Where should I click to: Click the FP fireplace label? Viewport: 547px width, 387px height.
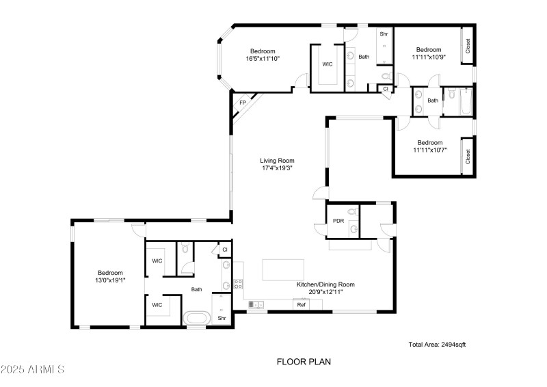tap(242, 103)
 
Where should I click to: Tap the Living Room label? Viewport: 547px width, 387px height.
tap(277, 161)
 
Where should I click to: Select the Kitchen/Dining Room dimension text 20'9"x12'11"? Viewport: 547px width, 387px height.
tap(325, 292)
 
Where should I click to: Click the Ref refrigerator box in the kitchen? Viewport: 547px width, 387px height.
tap(301, 304)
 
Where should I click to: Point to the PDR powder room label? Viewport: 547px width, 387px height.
tap(338, 221)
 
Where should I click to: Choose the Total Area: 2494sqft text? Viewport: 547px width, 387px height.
tap(437, 345)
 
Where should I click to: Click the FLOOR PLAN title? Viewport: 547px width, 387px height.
tap(304, 362)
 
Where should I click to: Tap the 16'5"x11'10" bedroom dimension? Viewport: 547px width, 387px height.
tap(263, 59)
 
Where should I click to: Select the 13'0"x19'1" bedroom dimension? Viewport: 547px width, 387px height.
tap(109, 280)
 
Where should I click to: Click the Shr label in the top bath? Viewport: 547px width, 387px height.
tap(384, 33)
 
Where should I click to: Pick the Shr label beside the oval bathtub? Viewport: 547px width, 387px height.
tap(222, 318)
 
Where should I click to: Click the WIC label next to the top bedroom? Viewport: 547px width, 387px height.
tap(328, 64)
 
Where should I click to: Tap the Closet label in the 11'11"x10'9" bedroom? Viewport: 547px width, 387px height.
tap(468, 45)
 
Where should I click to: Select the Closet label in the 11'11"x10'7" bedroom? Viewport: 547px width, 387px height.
tap(468, 157)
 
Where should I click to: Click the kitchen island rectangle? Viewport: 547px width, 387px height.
tap(283, 269)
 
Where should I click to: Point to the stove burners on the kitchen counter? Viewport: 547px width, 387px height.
tap(239, 284)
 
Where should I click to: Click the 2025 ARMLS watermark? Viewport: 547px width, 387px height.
tap(32, 370)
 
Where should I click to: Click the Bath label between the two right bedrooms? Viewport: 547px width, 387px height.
tap(432, 101)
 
